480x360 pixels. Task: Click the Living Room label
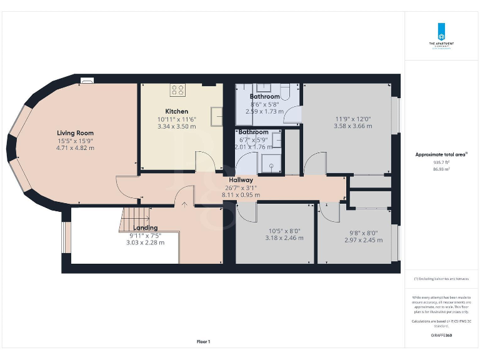coord(75,132)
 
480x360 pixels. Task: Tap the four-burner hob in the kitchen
coord(178,90)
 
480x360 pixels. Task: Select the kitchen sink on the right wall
coord(217,116)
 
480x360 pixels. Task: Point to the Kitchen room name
coord(176,111)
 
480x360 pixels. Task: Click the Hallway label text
coord(241,180)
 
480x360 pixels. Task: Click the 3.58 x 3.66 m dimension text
coord(352,126)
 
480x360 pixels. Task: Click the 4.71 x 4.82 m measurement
coord(75,148)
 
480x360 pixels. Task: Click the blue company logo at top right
coord(441,31)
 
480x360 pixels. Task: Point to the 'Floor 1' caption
coord(204,341)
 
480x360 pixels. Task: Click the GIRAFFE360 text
coord(441,336)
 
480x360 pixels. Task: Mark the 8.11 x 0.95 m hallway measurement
coord(241,195)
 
